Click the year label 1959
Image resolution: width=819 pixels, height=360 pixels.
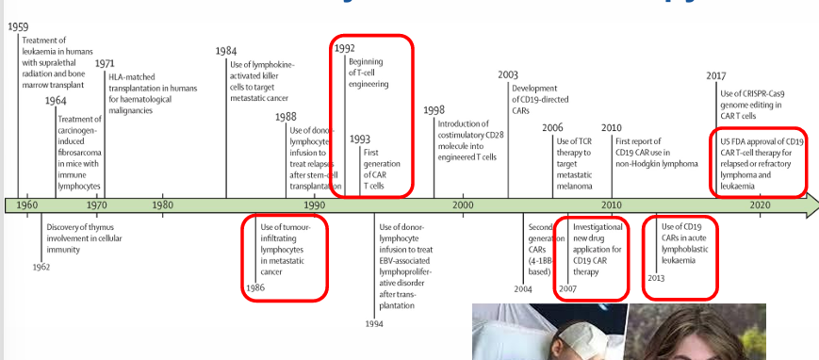(x=20, y=26)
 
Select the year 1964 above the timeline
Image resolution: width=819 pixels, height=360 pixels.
(x=55, y=101)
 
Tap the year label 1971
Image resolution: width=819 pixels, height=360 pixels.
(x=106, y=63)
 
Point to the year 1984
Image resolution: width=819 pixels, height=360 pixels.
(x=226, y=51)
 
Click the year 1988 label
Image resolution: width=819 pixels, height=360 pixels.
(x=286, y=116)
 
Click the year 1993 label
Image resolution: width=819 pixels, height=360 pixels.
(x=359, y=139)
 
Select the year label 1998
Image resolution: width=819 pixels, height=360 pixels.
(x=434, y=110)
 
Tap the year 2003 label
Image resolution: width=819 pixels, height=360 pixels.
(x=508, y=74)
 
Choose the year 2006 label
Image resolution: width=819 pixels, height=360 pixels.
(x=552, y=127)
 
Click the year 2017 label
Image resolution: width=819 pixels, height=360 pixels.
(x=717, y=76)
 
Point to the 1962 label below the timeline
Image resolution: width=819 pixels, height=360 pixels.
(x=41, y=268)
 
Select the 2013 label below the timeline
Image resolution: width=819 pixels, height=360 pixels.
(x=657, y=278)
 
